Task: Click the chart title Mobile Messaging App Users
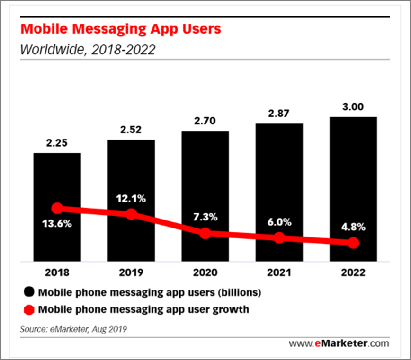(x=121, y=29)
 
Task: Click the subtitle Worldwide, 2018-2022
(x=88, y=50)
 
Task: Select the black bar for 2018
(x=57, y=207)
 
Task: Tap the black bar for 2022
(x=353, y=189)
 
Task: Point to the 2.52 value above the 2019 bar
(x=131, y=130)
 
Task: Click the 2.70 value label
(x=205, y=121)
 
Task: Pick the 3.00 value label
(x=353, y=107)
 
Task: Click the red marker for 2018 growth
(x=57, y=209)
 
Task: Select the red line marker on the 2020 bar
(x=205, y=233)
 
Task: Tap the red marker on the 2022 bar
(x=353, y=243)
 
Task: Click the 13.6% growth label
(x=57, y=224)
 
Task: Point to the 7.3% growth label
(x=205, y=217)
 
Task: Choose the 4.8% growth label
(x=353, y=227)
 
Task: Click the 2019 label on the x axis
(x=131, y=272)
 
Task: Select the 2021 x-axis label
(x=279, y=272)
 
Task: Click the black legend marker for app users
(x=29, y=292)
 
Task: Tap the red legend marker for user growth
(x=29, y=310)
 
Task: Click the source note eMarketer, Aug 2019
(x=73, y=329)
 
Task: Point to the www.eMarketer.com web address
(x=339, y=343)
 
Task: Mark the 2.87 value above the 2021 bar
(x=278, y=114)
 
